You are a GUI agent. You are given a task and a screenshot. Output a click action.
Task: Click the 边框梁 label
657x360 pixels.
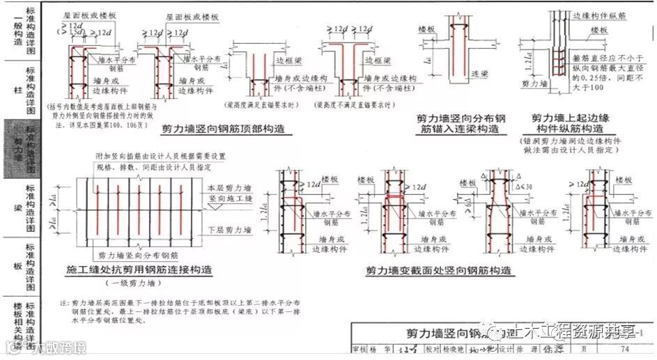(x=284, y=62)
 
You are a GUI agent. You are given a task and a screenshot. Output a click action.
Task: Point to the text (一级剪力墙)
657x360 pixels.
(x=133, y=283)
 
